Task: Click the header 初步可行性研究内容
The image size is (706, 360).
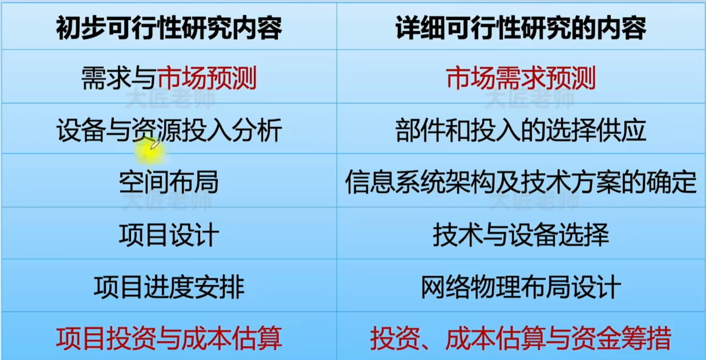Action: click(169, 28)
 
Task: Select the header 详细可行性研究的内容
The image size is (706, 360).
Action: click(521, 28)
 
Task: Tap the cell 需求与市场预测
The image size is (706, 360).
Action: click(169, 78)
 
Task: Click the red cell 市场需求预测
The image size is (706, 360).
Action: click(521, 78)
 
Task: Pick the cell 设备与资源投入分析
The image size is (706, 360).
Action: click(169, 130)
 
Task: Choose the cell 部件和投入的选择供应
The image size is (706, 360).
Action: click(521, 130)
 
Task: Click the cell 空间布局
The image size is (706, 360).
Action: click(169, 182)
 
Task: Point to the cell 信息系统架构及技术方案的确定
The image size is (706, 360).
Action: click(521, 182)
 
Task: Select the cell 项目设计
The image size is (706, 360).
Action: click(169, 234)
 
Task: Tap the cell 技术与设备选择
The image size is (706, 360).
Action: click(521, 234)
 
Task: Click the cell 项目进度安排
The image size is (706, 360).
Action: click(169, 287)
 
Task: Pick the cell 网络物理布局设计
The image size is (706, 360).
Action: click(521, 287)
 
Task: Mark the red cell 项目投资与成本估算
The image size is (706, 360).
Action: click(169, 339)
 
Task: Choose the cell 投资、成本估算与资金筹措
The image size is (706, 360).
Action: click(521, 339)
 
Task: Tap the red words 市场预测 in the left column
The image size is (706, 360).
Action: click(207, 78)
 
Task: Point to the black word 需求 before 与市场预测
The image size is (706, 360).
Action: click(106, 78)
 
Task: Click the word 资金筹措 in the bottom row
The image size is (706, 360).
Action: click(622, 339)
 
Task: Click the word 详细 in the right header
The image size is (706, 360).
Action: click(420, 28)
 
